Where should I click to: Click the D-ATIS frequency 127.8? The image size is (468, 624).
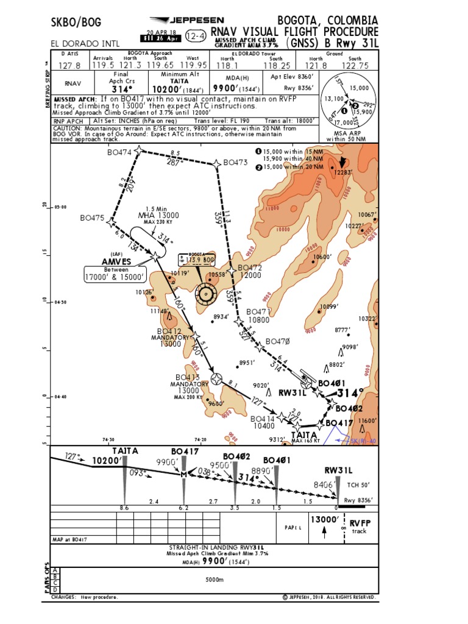[x=69, y=66]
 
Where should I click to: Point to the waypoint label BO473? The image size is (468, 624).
[x=235, y=163]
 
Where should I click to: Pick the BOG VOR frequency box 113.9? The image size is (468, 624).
[x=193, y=260]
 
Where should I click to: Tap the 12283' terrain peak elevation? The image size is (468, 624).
[x=342, y=172]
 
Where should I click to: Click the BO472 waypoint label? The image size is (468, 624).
[x=249, y=268]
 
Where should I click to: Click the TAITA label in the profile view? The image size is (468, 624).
[x=125, y=451]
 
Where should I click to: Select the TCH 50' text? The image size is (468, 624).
[x=358, y=485]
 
